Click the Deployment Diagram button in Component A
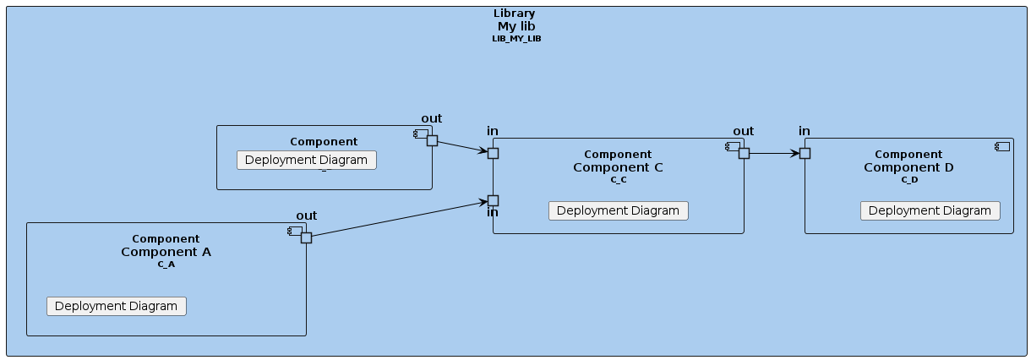pyautogui.click(x=116, y=306)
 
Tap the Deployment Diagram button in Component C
pyautogui.click(x=618, y=210)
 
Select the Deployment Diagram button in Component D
pyautogui.click(x=930, y=210)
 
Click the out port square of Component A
pyautogui.click(x=306, y=237)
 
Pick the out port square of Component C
pyautogui.click(x=744, y=153)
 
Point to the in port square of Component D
pyautogui.click(x=805, y=153)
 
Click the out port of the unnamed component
pyautogui.click(x=432, y=140)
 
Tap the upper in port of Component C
pyautogui.click(x=493, y=153)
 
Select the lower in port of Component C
pyautogui.click(x=493, y=200)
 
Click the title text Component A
pyautogui.click(x=166, y=252)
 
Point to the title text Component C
pyautogui.click(x=618, y=167)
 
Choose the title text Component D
pyautogui.click(x=908, y=167)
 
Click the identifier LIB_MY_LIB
pyautogui.click(x=516, y=39)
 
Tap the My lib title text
pyautogui.click(x=516, y=26)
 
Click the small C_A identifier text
pyautogui.click(x=166, y=265)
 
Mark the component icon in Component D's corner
pyautogui.click(x=1002, y=147)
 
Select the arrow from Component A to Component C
pyautogui.click(x=397, y=219)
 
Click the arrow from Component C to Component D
pyautogui.click(x=774, y=153)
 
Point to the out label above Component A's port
pyautogui.click(x=306, y=216)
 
